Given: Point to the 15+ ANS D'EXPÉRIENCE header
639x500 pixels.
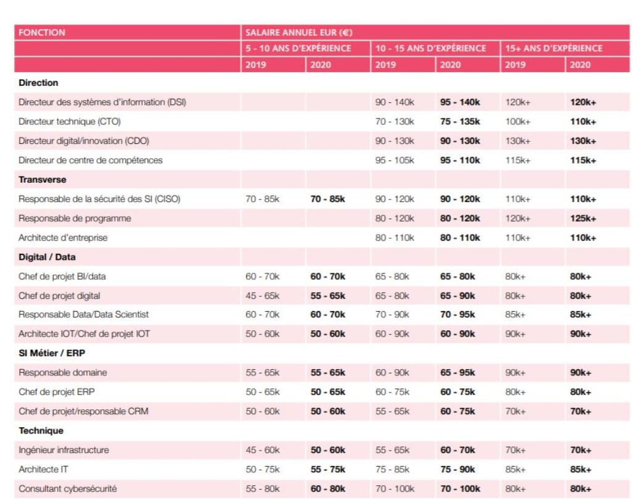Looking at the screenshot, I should coord(551,48).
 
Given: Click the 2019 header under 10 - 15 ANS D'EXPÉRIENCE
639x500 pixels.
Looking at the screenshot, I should coord(382,64).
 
